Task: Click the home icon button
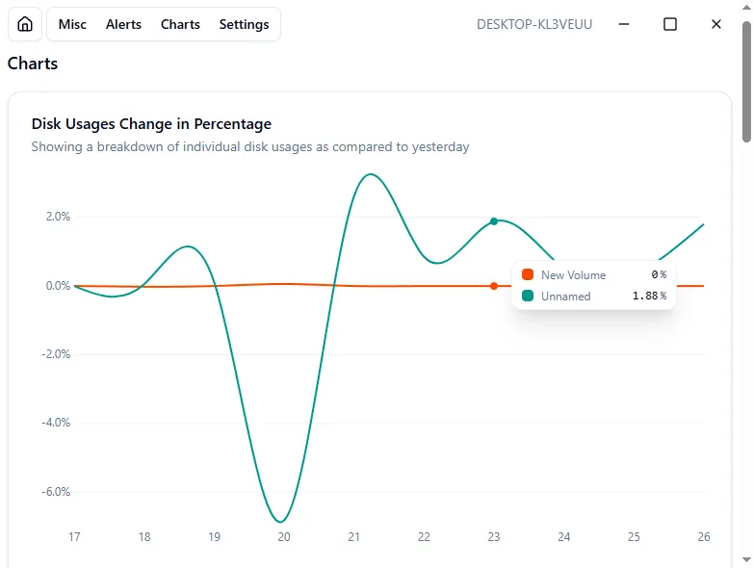tap(25, 24)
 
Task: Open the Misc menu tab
tap(72, 24)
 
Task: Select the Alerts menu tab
tap(123, 24)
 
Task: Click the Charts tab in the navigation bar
tap(180, 24)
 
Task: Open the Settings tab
tap(244, 24)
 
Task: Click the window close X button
tap(716, 24)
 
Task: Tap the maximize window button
tap(670, 24)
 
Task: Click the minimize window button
tap(624, 24)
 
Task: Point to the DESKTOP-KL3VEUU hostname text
tap(534, 24)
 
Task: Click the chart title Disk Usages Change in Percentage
tap(151, 124)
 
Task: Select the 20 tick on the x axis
tap(284, 537)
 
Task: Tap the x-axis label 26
tap(703, 537)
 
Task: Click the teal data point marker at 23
tap(494, 221)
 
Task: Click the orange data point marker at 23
tap(494, 286)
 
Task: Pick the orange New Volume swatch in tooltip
tap(528, 275)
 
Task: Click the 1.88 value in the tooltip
tap(644, 297)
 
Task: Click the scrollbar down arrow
tap(746, 559)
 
